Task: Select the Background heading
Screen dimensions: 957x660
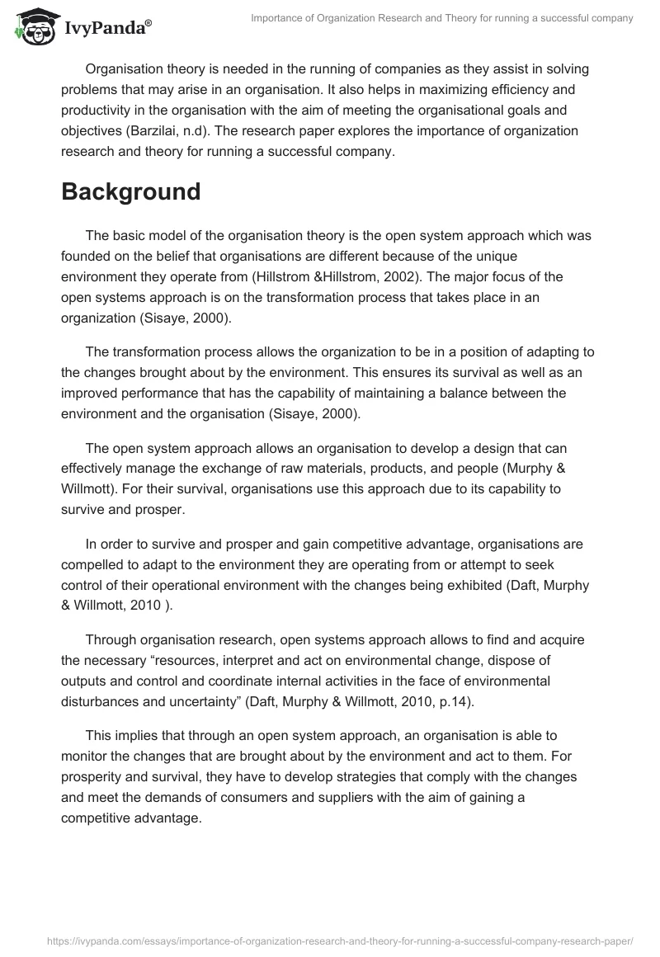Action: tap(131, 191)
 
